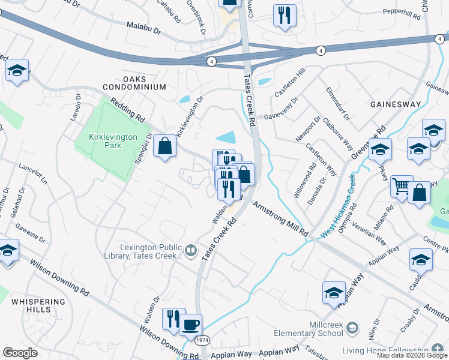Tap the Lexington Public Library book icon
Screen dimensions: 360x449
(x=191, y=250)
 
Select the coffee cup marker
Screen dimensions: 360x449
(x=191, y=325)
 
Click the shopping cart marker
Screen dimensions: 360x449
(x=402, y=187)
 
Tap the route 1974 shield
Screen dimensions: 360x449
(x=203, y=340)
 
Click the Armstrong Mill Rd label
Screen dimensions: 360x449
(x=279, y=218)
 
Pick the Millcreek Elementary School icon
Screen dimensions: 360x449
(x=352, y=328)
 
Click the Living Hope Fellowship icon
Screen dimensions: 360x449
(x=438, y=350)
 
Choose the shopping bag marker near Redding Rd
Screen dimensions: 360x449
(x=164, y=146)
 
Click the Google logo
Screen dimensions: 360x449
(x=20, y=353)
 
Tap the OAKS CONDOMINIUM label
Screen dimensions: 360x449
(x=144, y=83)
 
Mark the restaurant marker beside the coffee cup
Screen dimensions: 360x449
(x=173, y=318)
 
